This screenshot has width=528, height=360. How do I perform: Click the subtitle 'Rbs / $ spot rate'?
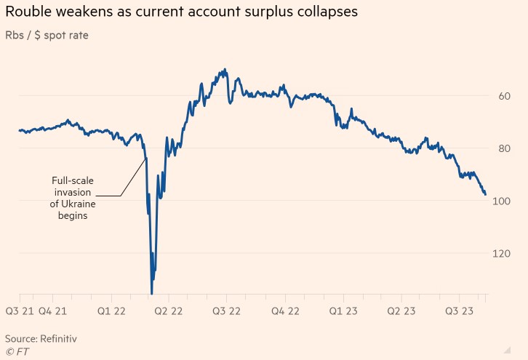47,35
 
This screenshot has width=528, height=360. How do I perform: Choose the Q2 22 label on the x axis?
169,311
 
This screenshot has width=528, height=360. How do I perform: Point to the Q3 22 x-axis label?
225,311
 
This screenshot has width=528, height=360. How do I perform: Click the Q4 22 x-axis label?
284,311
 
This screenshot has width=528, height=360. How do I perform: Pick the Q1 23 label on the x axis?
343,311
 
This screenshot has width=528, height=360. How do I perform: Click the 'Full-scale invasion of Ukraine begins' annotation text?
73,198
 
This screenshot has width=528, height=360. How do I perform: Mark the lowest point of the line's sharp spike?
151,294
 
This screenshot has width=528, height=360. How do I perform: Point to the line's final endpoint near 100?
485,194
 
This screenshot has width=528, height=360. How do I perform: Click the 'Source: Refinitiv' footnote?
41,339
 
